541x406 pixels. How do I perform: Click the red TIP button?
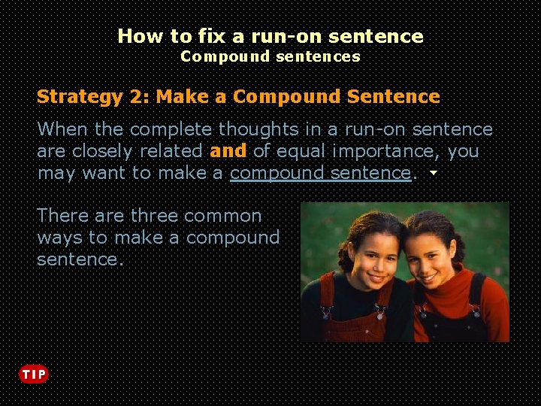pos(33,374)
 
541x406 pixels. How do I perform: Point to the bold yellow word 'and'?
pos(228,151)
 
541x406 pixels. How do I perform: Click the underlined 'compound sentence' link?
pos(320,173)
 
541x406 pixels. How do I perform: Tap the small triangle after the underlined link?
pos(434,174)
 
